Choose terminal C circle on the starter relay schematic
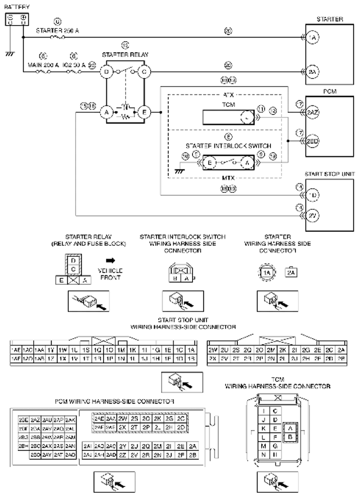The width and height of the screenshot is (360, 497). coord(144,72)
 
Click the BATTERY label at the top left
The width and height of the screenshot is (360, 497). coord(17,7)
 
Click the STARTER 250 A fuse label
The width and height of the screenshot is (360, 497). coord(58,30)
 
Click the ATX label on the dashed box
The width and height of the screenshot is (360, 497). coord(228,95)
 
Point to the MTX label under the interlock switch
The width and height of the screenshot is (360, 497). coord(228,178)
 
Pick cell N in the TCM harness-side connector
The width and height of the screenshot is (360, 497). coord(264,454)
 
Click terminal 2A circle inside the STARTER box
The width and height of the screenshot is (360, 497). coord(313,72)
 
